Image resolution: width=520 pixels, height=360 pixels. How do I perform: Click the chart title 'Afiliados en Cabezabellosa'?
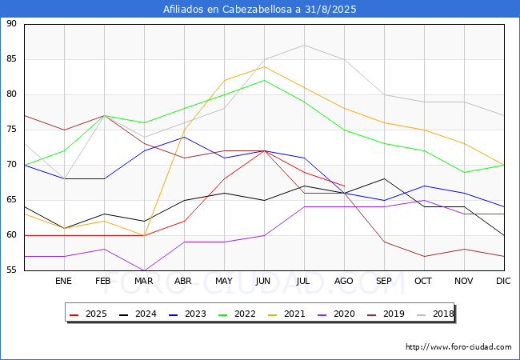pos(260,10)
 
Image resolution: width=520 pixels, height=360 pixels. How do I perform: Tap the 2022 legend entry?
pos(238,314)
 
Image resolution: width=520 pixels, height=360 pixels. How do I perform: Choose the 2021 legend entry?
pos(286,314)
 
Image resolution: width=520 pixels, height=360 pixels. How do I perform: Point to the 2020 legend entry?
pos(334,314)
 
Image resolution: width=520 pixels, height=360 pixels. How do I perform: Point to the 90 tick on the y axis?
pos(11,24)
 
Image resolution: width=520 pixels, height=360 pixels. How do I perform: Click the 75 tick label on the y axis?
pos(11,130)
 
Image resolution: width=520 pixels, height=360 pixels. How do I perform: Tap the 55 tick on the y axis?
pos(11,270)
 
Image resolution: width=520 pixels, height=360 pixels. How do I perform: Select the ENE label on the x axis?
pos(64,282)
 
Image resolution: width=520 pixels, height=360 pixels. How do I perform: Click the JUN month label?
pos(264,282)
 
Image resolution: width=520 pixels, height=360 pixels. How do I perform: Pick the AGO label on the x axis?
pos(344,282)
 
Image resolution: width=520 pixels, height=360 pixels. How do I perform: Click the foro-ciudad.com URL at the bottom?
pos(458,347)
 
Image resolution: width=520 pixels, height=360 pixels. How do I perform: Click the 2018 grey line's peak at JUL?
pos(304,45)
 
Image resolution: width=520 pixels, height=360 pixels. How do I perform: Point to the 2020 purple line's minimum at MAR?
pos(144,270)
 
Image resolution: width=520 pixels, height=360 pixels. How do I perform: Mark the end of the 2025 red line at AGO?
pos(344,186)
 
